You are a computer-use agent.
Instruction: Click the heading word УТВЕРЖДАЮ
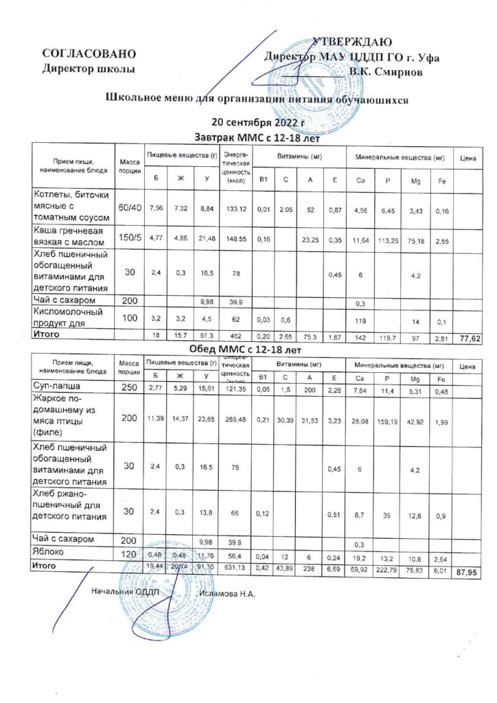(x=352, y=43)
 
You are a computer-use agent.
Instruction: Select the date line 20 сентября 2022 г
(x=248, y=123)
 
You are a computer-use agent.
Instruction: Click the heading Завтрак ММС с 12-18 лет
(x=249, y=137)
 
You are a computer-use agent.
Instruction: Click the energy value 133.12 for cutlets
(x=235, y=209)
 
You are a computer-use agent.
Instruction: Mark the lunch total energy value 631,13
(x=235, y=566)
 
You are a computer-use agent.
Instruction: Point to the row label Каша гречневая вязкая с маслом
(x=70, y=238)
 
